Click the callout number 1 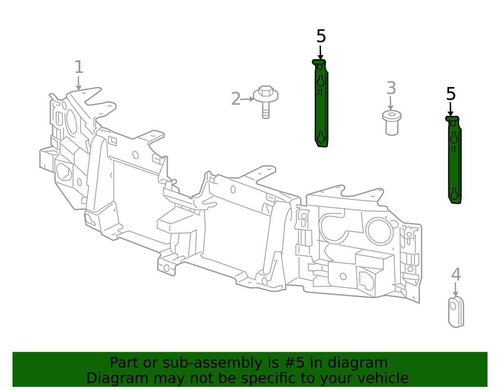(79, 67)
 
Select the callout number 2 (236, 99)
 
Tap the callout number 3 (391, 88)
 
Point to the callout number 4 (456, 274)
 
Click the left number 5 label (321, 36)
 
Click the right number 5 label (451, 94)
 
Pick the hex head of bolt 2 (266, 91)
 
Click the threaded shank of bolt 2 (266, 112)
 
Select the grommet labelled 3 (392, 123)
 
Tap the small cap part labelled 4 (456, 312)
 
